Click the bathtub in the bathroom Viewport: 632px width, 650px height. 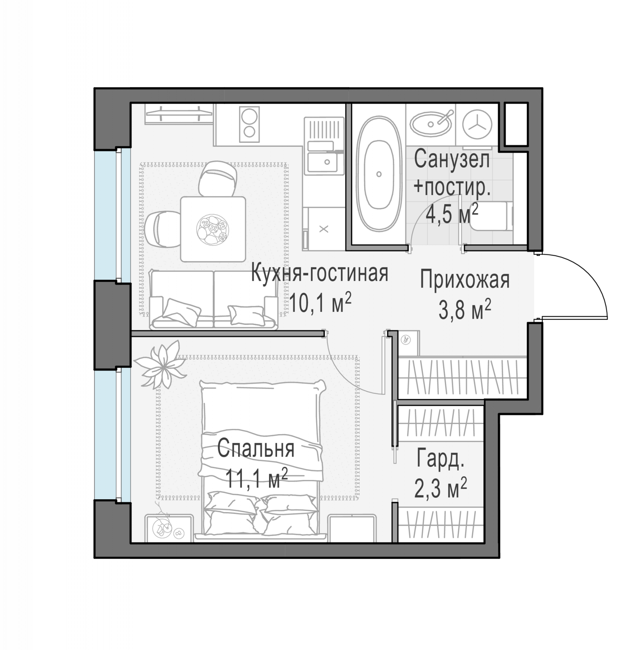379,174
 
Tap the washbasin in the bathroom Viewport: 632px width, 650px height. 431,124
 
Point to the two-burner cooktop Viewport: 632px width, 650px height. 249,124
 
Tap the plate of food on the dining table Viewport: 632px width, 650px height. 213,229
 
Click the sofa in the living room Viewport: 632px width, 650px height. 214,299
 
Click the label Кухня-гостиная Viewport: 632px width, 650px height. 319,273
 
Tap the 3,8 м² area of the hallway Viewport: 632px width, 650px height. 465,309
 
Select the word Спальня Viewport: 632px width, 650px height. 256,448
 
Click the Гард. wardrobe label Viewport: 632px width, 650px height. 440,459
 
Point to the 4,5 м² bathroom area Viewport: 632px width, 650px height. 452,214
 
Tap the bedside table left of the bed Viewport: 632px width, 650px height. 169,528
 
